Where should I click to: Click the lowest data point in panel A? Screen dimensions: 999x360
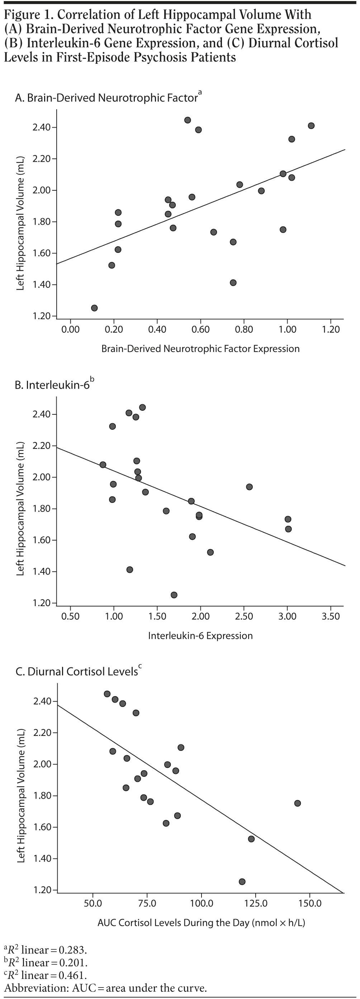(94, 308)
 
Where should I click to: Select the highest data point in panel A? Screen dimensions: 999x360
(188, 120)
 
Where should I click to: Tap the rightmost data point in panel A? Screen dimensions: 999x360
(311, 126)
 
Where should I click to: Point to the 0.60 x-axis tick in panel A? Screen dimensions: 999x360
(200, 319)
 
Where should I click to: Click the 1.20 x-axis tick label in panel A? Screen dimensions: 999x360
(331, 329)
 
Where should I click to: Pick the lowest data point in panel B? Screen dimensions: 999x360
(174, 595)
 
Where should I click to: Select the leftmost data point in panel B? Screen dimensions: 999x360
(103, 465)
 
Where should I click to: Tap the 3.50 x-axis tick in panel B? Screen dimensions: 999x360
(331, 606)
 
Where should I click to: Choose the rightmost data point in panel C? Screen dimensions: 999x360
(298, 803)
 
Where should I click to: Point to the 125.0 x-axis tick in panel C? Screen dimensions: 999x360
(256, 893)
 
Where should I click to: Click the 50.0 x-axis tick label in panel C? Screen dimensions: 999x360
(93, 903)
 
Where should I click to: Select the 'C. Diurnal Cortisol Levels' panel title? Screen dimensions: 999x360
(76, 672)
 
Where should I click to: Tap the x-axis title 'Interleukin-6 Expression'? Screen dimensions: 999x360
(200, 636)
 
